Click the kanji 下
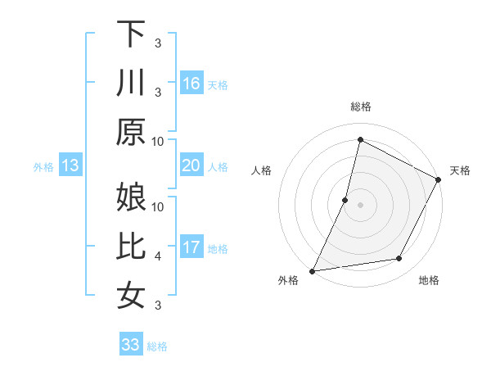[131, 34]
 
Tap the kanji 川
[131, 83]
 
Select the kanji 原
[131, 132]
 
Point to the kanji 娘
[131, 197]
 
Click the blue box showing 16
[191, 83]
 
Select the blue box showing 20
[191, 166]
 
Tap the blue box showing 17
[191, 248]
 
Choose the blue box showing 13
[70, 166]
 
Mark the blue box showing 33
[131, 345]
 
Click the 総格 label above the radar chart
[360, 106]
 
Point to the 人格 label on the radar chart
[262, 170]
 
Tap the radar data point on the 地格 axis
[399, 259]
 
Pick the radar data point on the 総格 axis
[360, 140]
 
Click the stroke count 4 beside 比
[158, 256]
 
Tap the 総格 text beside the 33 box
[157, 346]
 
